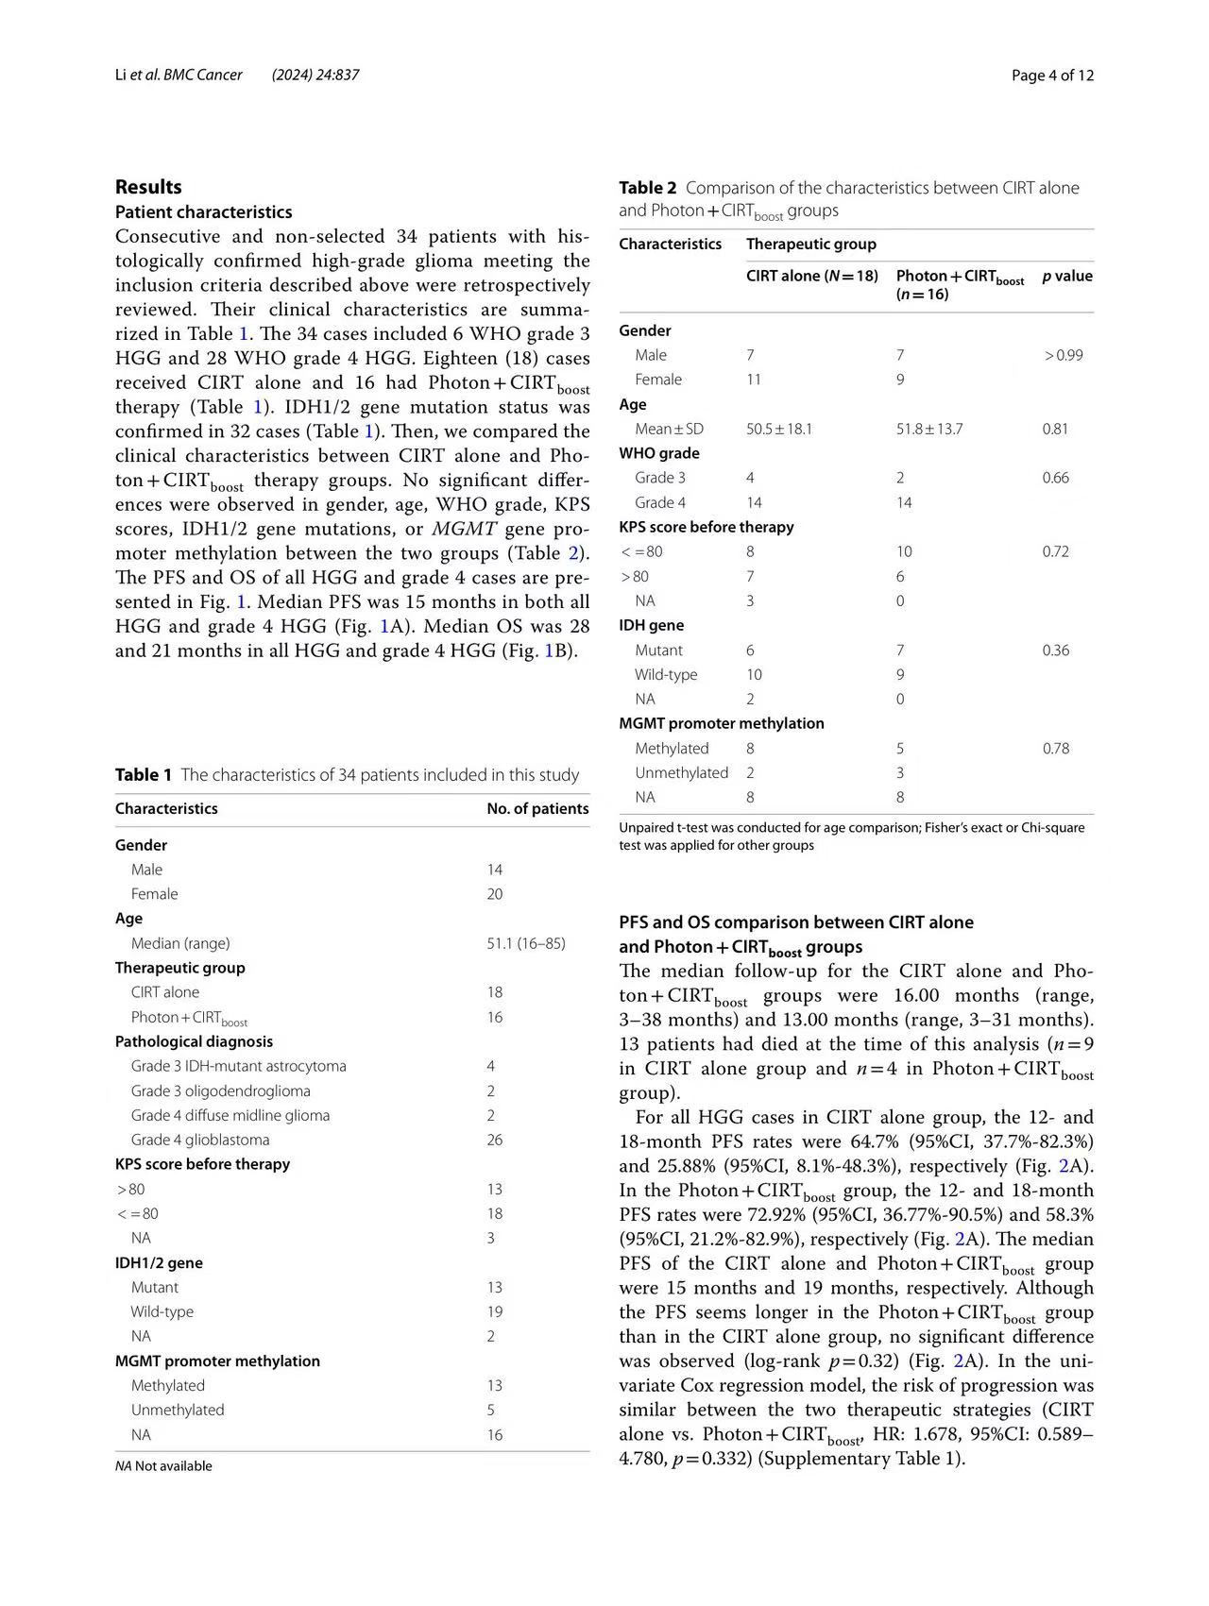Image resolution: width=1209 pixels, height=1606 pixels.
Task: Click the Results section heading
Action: tap(148, 187)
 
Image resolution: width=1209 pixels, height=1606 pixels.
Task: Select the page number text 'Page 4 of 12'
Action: tap(1052, 76)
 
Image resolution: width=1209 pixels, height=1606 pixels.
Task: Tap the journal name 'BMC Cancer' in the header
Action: tap(203, 75)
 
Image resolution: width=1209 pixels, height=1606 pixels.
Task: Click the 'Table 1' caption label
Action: tap(144, 775)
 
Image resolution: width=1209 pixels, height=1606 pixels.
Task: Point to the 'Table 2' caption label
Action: tap(648, 188)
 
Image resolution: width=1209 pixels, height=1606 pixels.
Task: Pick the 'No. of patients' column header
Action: tap(537, 809)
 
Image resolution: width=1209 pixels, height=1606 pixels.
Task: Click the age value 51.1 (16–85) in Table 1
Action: tap(526, 943)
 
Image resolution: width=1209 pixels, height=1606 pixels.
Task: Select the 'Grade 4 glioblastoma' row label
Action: tap(200, 1140)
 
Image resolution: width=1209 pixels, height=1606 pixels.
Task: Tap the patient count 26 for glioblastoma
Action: tap(495, 1140)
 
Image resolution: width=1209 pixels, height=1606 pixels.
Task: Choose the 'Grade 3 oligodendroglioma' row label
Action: tap(220, 1090)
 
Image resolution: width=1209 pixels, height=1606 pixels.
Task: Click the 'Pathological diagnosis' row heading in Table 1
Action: tap(194, 1041)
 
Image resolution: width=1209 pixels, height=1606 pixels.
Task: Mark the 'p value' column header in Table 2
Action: tap(1067, 277)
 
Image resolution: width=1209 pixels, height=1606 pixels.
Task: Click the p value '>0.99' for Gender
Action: tap(1063, 355)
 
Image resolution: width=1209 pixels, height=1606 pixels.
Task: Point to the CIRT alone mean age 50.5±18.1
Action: tap(779, 429)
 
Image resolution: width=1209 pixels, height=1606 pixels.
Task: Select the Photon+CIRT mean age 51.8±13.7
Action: tap(929, 429)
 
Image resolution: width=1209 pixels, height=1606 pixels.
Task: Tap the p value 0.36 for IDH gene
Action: tap(1056, 651)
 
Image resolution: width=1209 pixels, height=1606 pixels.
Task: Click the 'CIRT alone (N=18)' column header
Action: tap(812, 277)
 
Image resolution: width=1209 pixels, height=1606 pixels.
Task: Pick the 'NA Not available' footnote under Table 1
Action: tap(163, 1466)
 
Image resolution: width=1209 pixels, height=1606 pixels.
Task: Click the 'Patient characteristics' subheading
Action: tap(203, 212)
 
